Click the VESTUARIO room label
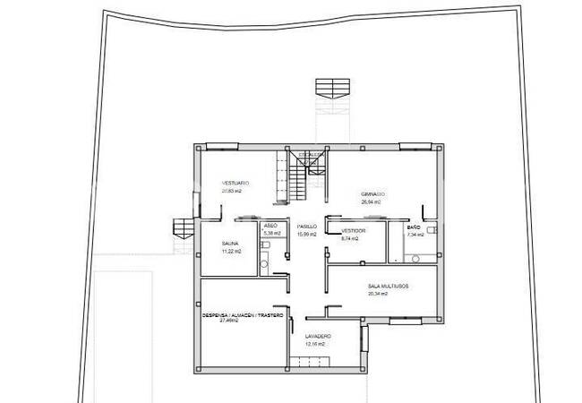[x=235, y=183]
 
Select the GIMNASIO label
[x=372, y=194]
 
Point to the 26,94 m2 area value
[x=371, y=202]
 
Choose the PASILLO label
[x=308, y=227]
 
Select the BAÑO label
[x=414, y=227]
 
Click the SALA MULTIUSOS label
[x=388, y=286]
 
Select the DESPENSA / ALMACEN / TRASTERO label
[x=244, y=316]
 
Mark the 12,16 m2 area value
[x=314, y=344]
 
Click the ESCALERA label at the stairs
[x=312, y=154]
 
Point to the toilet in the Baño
[x=432, y=230]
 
